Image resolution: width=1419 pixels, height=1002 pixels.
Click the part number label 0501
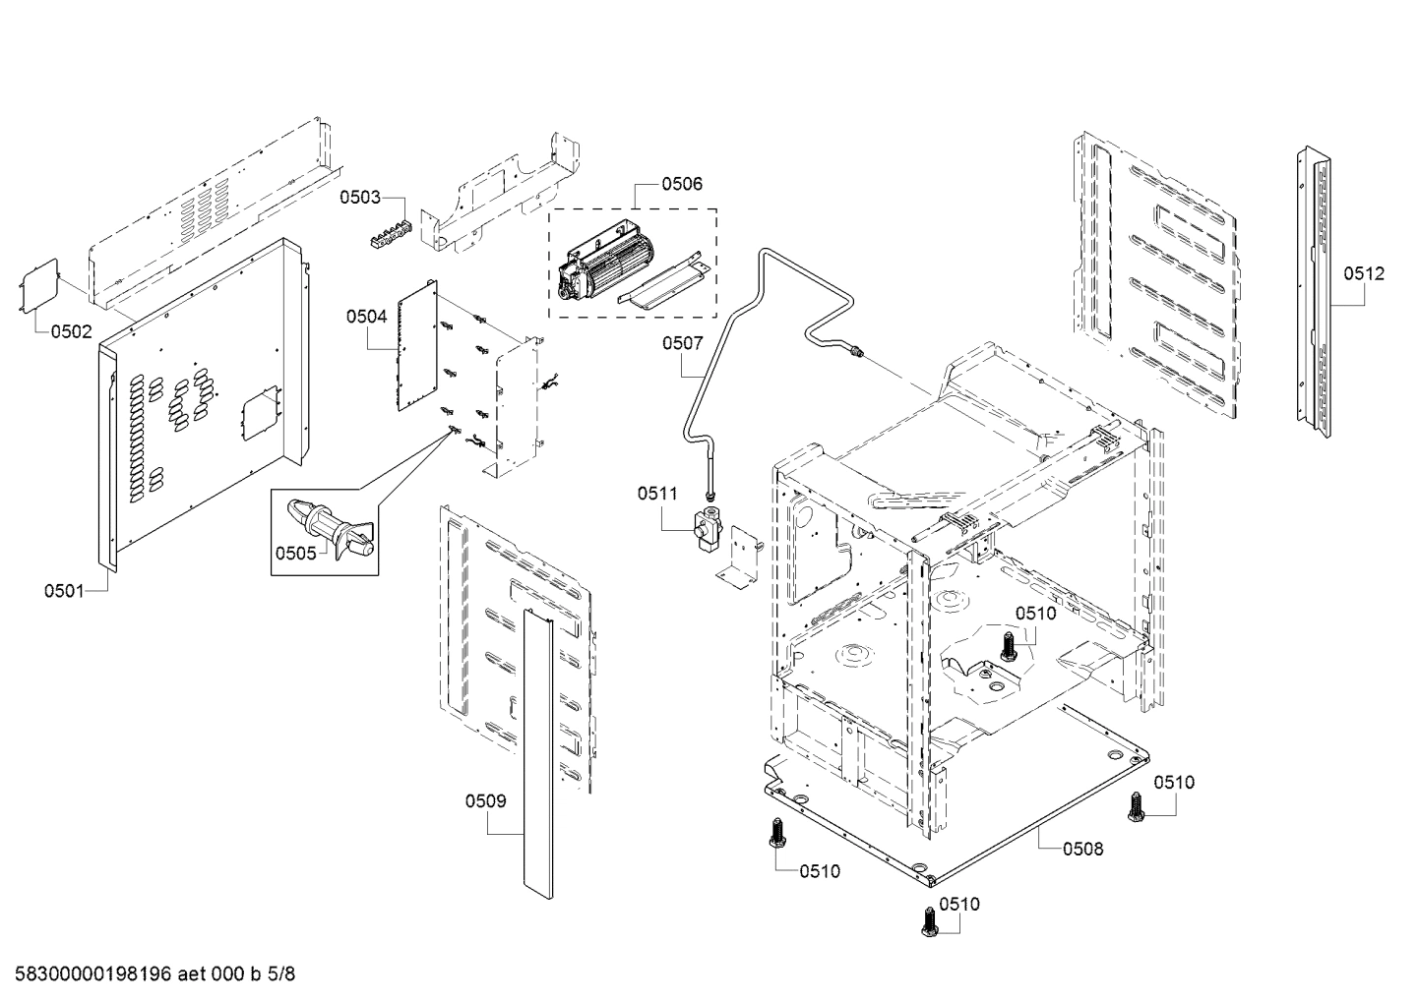pyautogui.click(x=64, y=590)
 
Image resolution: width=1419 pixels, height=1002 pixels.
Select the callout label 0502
pyautogui.click(x=72, y=331)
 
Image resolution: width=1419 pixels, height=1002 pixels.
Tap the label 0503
pyautogui.click(x=360, y=198)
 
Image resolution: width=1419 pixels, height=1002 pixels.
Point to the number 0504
pyautogui.click(x=366, y=317)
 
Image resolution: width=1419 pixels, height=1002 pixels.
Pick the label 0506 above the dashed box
pyautogui.click(x=682, y=184)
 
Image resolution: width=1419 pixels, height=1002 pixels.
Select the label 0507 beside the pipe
pyautogui.click(x=683, y=343)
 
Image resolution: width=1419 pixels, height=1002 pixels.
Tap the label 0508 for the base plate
pyautogui.click(x=1082, y=849)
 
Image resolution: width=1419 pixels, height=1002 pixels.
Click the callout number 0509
pyautogui.click(x=486, y=801)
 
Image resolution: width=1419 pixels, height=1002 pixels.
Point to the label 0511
pyautogui.click(x=657, y=494)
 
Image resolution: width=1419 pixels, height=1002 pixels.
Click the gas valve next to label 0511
pyautogui.click(x=708, y=531)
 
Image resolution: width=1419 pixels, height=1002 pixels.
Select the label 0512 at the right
pyautogui.click(x=1364, y=274)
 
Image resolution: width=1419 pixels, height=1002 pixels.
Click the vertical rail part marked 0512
pyautogui.click(x=1315, y=290)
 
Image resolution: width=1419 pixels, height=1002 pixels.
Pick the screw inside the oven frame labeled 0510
pyautogui.click(x=1008, y=646)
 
